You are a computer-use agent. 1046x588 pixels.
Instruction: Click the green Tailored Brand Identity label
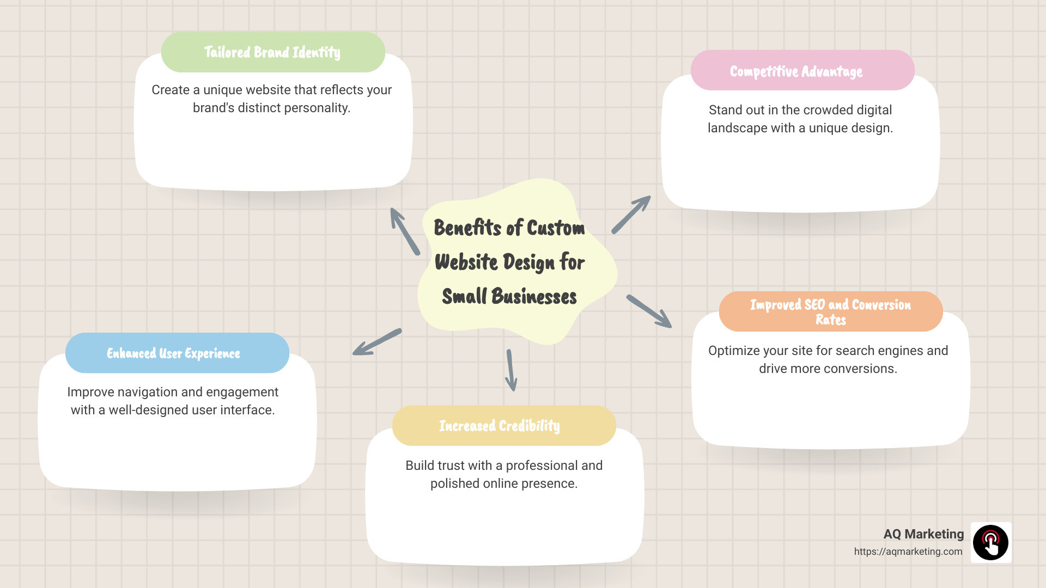272,52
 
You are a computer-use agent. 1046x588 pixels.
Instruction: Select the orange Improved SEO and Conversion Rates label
830,311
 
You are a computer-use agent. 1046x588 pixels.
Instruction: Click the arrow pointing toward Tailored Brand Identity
405,231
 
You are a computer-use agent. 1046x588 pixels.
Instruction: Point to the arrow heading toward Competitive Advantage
631,215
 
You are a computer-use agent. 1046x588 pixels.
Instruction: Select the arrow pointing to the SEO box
649,311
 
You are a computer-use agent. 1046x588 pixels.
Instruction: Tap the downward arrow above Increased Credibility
511,370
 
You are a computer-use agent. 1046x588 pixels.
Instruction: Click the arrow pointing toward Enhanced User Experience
377,342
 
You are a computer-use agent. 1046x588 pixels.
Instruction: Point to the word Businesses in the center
534,297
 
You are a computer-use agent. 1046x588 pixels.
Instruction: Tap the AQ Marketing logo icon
991,542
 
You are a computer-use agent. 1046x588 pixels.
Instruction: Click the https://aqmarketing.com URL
908,552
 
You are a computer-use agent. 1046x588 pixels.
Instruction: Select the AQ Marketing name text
923,534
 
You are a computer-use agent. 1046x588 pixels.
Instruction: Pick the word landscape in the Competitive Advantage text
737,128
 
